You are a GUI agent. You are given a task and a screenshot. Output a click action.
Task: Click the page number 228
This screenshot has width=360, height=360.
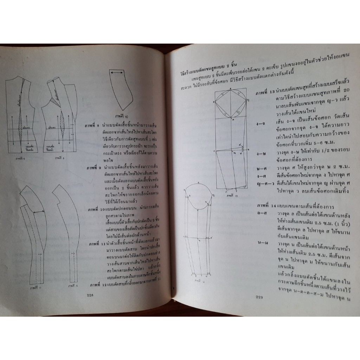(x=89, y=295)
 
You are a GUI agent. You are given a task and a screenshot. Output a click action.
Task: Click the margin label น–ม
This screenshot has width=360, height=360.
(x=262, y=242)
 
